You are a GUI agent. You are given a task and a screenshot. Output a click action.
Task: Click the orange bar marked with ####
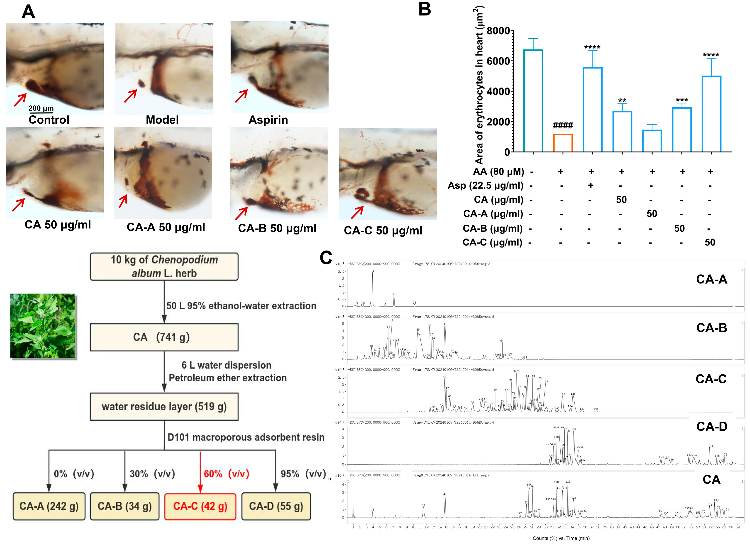pos(563,143)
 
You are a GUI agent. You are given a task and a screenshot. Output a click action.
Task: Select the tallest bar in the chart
pos(533,101)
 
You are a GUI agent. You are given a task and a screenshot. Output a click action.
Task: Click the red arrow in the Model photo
pos(130,96)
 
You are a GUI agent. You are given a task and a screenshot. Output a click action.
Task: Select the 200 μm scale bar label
pos(41,108)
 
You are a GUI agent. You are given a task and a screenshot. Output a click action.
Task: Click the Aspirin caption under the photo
pos(268,120)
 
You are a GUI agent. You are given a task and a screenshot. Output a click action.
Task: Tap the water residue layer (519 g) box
pos(164,407)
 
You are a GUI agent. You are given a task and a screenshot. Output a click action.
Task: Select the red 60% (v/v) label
pos(226,474)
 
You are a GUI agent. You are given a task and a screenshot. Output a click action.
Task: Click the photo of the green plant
pos(43,326)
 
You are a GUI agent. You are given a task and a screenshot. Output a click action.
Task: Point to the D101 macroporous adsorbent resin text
pos(246,437)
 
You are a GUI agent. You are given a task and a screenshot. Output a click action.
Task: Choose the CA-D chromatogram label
pos(712,427)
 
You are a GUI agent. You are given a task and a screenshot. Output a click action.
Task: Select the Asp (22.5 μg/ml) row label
pos(485,186)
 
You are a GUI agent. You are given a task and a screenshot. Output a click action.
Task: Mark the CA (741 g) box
pos(164,337)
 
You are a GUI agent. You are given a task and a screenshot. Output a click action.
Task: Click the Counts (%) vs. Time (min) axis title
pos(561,538)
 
